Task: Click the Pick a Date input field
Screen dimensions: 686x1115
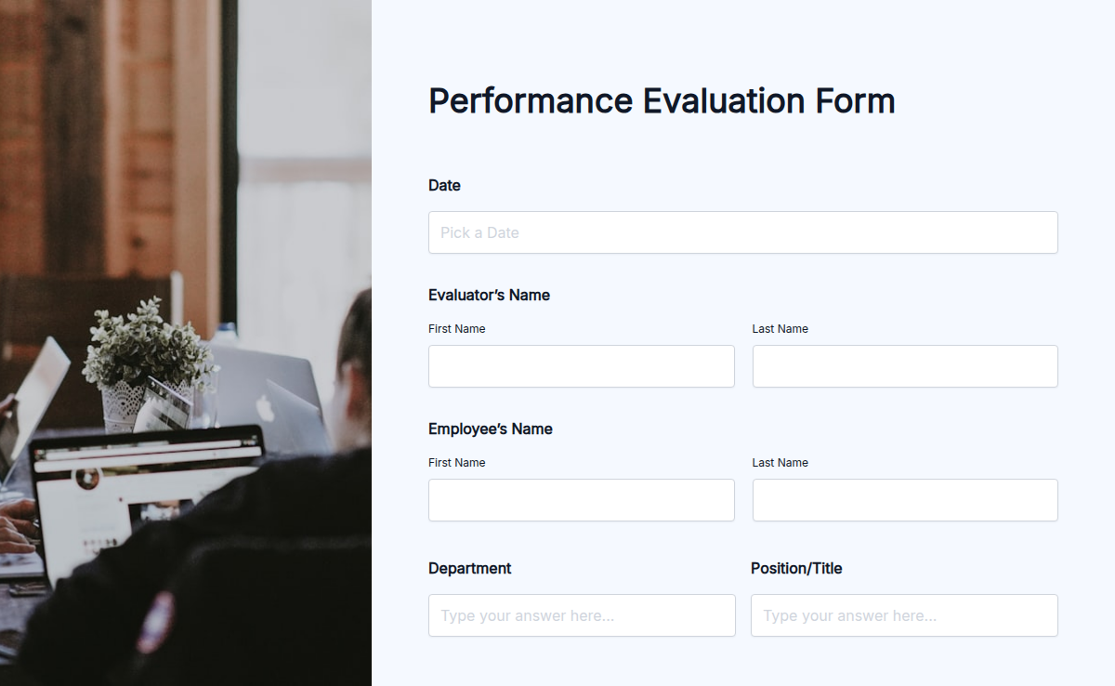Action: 742,232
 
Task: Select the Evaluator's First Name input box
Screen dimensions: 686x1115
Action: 581,366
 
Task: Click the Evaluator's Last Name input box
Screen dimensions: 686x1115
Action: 905,366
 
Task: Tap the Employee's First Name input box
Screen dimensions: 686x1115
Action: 581,500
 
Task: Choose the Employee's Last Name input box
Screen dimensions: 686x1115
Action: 905,500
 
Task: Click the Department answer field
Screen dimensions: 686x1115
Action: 582,615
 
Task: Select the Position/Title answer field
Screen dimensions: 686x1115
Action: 904,615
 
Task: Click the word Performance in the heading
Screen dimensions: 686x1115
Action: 530,100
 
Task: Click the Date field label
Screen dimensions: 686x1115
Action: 444,186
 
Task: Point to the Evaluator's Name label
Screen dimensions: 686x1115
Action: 489,296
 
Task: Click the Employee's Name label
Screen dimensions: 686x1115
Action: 491,429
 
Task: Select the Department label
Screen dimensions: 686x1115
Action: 469,569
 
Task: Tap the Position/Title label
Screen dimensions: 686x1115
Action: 796,569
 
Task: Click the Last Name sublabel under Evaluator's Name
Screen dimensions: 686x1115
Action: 780,329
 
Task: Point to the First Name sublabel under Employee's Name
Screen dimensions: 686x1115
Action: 456,463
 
